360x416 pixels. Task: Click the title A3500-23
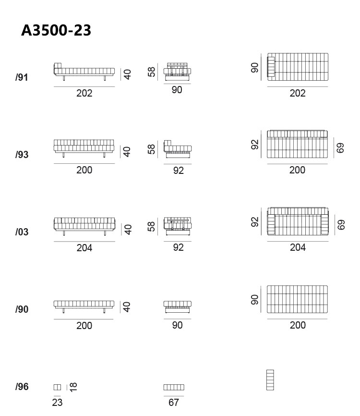(x=56, y=30)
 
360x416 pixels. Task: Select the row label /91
(x=22, y=77)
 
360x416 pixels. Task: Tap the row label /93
(x=22, y=155)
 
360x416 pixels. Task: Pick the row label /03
(x=22, y=232)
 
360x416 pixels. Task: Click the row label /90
(x=22, y=309)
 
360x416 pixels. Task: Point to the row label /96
(x=22, y=387)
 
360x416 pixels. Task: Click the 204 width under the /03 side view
(x=84, y=248)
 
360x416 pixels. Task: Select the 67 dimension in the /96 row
(x=174, y=403)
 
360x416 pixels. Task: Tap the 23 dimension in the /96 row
(x=57, y=403)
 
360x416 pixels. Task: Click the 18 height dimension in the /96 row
(x=73, y=387)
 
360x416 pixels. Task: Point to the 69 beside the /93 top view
(x=340, y=148)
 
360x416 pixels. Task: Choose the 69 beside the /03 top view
(x=341, y=225)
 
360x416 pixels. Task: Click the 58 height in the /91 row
(x=151, y=72)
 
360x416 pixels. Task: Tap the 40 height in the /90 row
(x=127, y=307)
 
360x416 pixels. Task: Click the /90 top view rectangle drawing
(x=297, y=299)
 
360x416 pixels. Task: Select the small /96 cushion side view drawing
(x=57, y=387)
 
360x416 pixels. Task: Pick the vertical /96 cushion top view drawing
(x=270, y=380)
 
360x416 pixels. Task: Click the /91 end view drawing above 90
(x=177, y=72)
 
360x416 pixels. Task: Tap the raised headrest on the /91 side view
(x=58, y=65)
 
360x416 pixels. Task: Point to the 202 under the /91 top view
(x=298, y=93)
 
